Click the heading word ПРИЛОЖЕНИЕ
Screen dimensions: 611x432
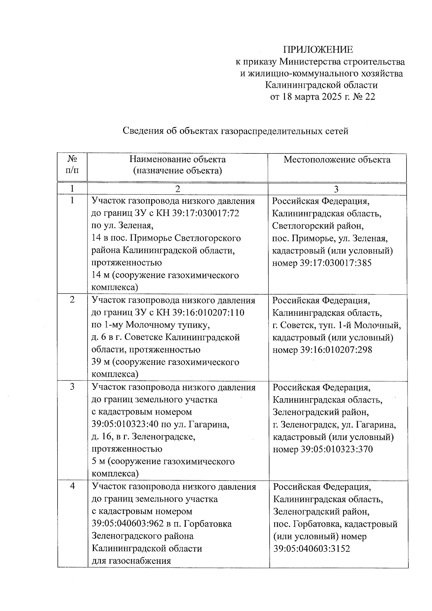click(318, 50)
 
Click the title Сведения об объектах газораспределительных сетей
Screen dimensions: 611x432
click(235, 131)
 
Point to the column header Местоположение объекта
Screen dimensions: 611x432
click(337, 160)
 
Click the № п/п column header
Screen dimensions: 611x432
click(72, 165)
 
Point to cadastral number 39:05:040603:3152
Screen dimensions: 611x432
click(312, 549)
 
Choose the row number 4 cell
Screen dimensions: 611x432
click(72, 486)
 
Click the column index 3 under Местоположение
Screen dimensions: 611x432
click(336, 189)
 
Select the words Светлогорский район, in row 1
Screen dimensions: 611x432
click(318, 226)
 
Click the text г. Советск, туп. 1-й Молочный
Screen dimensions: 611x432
click(337, 325)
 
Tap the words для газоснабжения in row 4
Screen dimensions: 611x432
click(131, 561)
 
